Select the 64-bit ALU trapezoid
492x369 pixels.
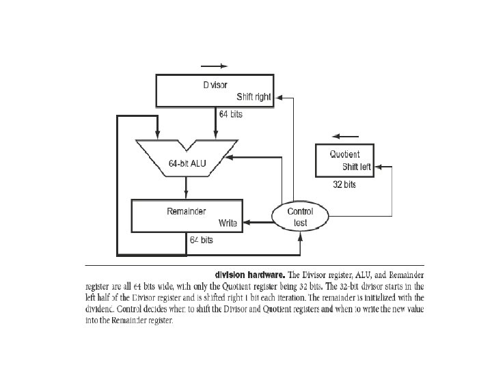186,157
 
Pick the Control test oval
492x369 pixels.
300,217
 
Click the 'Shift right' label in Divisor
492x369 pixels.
254,97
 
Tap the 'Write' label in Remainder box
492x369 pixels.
227,223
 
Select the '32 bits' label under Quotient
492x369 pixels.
344,184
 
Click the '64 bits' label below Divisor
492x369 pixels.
230,114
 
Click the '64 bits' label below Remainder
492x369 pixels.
201,241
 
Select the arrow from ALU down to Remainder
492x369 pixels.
187,186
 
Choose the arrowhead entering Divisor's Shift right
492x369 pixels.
277,97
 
